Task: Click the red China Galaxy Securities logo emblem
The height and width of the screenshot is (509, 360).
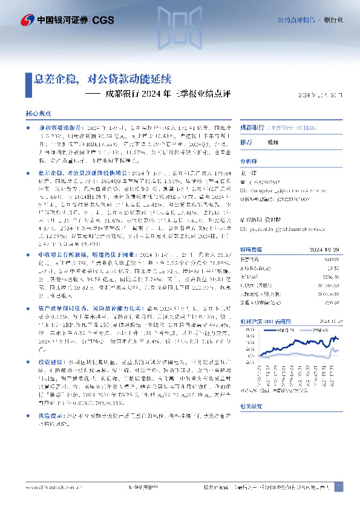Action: [x=27, y=21]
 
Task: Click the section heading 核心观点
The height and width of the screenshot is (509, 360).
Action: [x=38, y=113]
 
